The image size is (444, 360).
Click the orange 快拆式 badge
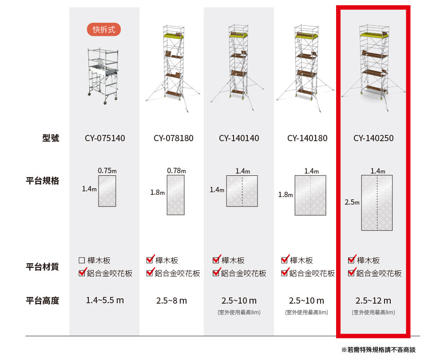click(104, 30)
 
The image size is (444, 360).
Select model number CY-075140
click(105, 138)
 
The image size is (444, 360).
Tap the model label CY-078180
click(174, 138)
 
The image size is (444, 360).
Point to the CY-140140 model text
click(239, 138)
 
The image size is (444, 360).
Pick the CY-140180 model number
click(307, 138)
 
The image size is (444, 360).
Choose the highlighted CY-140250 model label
click(373, 138)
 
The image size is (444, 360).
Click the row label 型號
click(51, 138)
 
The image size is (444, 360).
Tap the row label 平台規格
click(42, 181)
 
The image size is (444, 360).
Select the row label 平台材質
click(42, 267)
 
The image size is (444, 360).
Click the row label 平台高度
click(42, 301)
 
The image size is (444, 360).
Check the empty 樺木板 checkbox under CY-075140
click(81, 260)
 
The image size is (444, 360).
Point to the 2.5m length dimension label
click(352, 202)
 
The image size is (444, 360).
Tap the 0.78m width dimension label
click(176, 170)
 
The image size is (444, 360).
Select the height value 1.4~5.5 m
click(105, 301)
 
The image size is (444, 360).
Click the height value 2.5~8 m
click(171, 301)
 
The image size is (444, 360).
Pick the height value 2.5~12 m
click(373, 301)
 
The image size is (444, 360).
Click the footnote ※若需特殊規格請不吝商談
click(378, 350)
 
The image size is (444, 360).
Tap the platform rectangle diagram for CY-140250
click(377, 203)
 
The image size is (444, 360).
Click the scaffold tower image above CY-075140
click(103, 75)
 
